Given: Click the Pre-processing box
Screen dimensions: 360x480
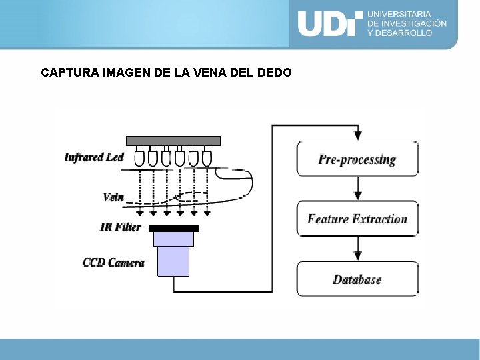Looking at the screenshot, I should point(357,159).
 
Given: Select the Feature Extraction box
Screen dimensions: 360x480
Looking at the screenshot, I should point(357,219).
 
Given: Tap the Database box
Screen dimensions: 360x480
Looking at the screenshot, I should point(357,279).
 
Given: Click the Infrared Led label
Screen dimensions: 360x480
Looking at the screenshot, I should point(94,157).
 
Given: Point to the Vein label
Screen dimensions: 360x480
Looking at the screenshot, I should point(113,197).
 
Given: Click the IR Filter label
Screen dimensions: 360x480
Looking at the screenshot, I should point(121,227).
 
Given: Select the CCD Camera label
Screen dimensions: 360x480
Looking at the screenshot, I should point(113,262).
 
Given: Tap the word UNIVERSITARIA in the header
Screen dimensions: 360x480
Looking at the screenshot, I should point(399,13).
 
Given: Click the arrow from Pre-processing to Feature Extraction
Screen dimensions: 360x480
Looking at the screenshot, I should point(358,189).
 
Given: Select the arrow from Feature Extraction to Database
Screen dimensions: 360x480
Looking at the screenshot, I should point(358,249).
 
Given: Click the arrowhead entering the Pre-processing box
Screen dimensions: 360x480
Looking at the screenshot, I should point(358,136).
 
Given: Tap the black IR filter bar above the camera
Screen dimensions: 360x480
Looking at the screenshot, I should point(173,229).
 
